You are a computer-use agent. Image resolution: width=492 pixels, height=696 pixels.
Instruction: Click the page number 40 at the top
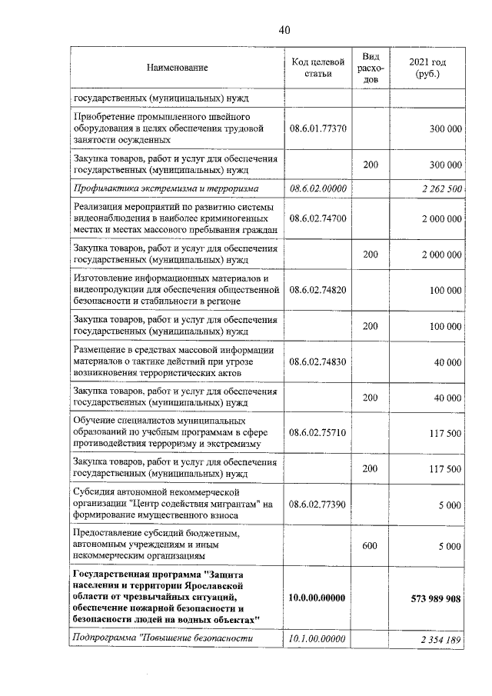click(284, 30)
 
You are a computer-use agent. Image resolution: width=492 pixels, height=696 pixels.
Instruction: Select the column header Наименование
click(178, 68)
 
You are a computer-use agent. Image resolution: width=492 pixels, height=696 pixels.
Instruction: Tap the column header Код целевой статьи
click(317, 68)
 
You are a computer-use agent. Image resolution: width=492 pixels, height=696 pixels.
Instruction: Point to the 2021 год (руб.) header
click(427, 68)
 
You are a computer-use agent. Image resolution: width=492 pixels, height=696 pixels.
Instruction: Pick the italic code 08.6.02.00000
click(317, 188)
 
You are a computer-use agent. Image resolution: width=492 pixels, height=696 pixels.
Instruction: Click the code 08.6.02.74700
click(317, 219)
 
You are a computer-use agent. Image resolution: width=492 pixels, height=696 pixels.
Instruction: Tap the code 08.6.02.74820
click(317, 291)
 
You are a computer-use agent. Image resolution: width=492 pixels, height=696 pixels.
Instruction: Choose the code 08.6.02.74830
click(317, 361)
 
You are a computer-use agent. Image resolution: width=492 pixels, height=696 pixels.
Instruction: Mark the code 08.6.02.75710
click(317, 433)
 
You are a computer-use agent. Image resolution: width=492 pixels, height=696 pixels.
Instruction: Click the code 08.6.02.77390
click(317, 505)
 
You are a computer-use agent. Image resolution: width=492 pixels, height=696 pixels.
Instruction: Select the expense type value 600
click(371, 545)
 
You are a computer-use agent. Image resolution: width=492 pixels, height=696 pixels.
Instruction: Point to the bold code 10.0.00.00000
click(317, 598)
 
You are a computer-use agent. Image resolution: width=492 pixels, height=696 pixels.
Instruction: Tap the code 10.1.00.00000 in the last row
click(317, 638)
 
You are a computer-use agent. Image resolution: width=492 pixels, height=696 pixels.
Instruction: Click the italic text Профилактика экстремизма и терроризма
click(165, 188)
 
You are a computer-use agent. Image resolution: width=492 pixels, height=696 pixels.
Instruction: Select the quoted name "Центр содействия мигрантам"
click(194, 505)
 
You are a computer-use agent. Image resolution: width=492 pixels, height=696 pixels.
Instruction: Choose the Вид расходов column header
click(371, 68)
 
